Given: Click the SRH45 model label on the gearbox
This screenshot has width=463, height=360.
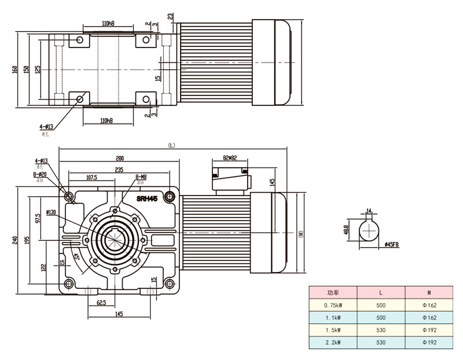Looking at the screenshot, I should tap(148, 198).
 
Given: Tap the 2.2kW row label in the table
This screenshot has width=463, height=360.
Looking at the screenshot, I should tap(332, 343).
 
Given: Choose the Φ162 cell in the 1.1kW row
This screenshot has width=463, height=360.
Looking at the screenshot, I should tap(429, 317).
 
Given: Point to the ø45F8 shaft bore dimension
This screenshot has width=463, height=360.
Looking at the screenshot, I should tap(392, 245).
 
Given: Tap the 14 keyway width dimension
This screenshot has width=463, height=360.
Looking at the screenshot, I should tap(369, 211).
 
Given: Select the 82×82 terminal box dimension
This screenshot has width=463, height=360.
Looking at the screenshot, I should tap(231, 157).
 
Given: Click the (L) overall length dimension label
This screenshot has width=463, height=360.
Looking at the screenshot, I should tap(171, 145).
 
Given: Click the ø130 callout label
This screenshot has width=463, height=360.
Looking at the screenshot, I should tap(50, 212).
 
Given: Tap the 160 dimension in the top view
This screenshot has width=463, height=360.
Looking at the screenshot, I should tap(14, 69).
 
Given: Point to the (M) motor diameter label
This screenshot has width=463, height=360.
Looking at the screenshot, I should tap(301, 234).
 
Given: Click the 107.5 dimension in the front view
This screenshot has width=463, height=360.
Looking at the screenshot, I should tap(91, 177).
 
